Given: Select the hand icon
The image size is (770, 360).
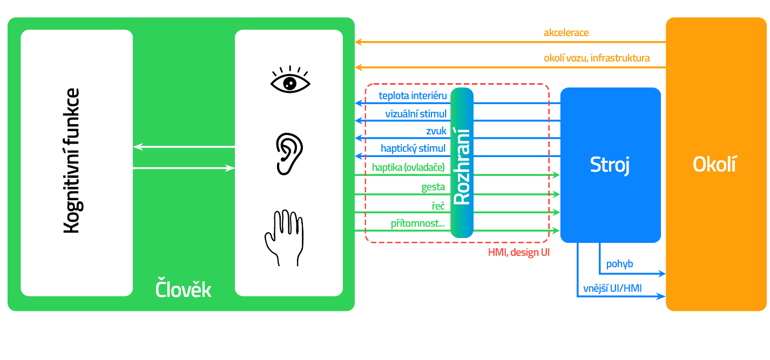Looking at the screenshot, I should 284,237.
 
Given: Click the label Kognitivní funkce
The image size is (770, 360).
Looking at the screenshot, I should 71,161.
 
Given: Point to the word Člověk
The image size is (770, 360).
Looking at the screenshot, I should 183,289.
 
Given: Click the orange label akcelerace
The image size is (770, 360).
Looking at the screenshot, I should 566,33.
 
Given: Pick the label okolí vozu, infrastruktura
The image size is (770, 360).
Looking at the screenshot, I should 597,58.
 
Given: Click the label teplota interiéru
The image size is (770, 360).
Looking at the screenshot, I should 413,96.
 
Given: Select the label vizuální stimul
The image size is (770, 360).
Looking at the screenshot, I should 416,114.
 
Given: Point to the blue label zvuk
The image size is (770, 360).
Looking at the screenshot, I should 436,131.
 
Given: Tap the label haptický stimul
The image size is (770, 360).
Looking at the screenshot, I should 413,148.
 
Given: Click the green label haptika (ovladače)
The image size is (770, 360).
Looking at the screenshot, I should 408,167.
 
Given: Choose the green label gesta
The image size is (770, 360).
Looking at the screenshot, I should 433,187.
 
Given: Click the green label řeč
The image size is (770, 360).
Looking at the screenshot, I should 437,205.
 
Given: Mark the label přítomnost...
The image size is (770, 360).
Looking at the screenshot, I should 418,223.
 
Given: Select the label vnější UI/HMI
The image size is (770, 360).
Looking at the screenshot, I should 612,288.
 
